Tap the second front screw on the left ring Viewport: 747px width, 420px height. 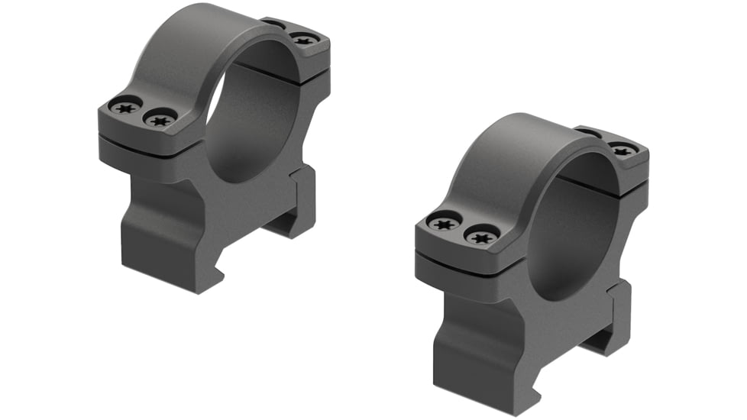(160, 119)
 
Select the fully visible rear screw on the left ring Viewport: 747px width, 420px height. (303, 39)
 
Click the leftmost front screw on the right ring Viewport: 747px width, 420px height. (444, 224)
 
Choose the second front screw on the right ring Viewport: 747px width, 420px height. (481, 237)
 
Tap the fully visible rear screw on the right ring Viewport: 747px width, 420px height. (622, 150)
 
